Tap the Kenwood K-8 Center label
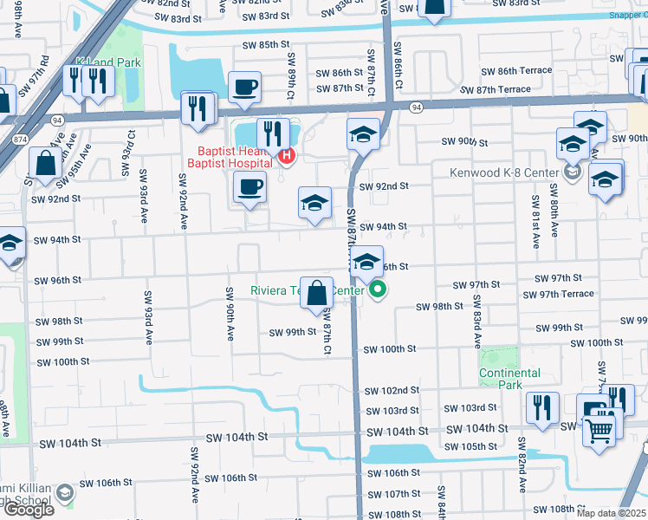504,172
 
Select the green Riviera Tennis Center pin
378,291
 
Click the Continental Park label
510,379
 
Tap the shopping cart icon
599,427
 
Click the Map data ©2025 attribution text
610,513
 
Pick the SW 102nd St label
392,391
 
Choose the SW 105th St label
467,446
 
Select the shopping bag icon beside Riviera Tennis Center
318,293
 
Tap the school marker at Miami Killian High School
62,495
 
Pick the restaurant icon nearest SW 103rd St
542,407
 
